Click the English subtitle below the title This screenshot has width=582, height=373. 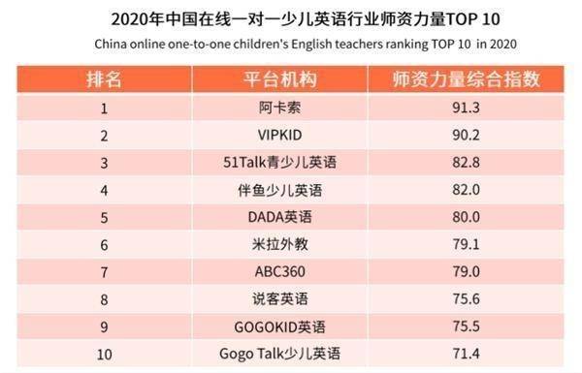[x=290, y=44]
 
